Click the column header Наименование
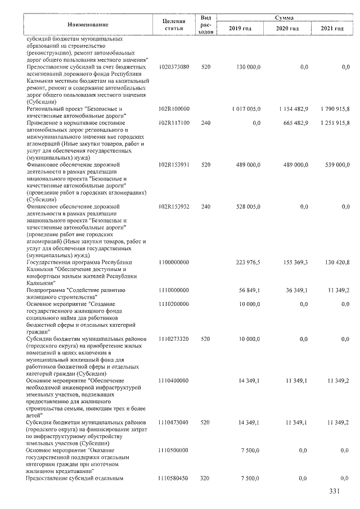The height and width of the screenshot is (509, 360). pos(88,24)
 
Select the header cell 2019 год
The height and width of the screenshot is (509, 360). pos(240,29)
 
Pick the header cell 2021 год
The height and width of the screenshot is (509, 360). pos(332,29)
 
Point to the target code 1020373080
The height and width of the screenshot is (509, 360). pos(174,67)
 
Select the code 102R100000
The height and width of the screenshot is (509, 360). pos(174,108)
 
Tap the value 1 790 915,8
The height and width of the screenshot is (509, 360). pos(332,108)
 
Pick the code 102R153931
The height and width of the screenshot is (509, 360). pos(174,165)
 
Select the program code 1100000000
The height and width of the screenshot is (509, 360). pos(174,262)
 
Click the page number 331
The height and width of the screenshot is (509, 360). pos(335,493)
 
